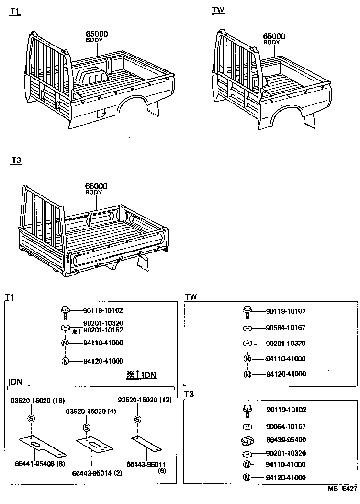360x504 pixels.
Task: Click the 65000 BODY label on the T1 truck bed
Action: pos(97,36)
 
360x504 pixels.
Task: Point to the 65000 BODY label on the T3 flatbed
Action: pos(96,188)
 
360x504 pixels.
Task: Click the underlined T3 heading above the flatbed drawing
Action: pos(16,160)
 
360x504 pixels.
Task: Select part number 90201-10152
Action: pos(103,331)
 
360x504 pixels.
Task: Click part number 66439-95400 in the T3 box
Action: pos(286,440)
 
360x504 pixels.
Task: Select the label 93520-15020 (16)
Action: pos(37,400)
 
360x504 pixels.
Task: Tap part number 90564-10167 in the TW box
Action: pos(286,328)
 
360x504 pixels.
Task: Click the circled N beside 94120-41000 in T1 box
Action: pos(66,361)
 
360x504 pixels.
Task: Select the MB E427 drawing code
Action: pos(342,489)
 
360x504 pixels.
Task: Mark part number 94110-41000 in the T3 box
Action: pos(286,464)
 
